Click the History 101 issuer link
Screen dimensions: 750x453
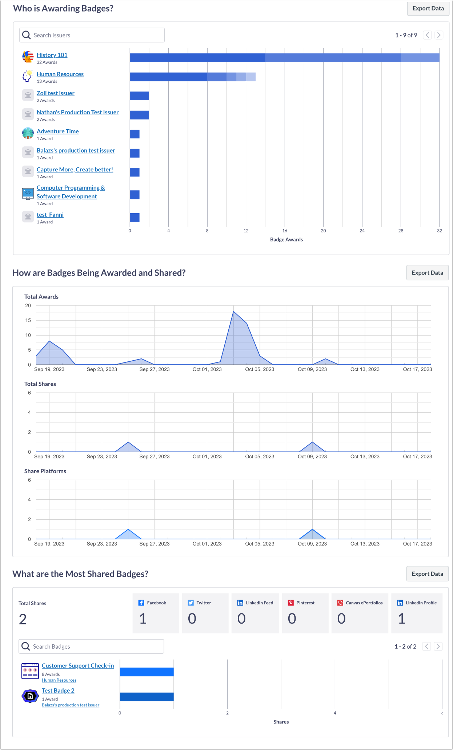click(52, 55)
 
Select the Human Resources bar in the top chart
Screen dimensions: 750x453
click(192, 77)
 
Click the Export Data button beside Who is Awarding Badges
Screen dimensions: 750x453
click(428, 8)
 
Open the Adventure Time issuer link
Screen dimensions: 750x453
click(57, 131)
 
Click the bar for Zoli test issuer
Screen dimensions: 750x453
click(139, 96)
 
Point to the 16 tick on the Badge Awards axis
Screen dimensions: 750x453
click(285, 231)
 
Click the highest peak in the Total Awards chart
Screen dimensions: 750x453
click(233, 312)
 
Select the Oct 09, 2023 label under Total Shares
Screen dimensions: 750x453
click(312, 457)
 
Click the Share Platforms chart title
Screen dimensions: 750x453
click(45, 471)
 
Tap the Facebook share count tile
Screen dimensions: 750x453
click(156, 613)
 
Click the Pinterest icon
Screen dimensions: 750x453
click(291, 603)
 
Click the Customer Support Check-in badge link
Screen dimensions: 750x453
click(78, 665)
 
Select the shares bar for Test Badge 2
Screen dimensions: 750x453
click(147, 697)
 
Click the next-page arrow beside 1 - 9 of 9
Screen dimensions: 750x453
click(439, 35)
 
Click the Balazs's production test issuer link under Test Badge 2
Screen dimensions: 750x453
click(71, 705)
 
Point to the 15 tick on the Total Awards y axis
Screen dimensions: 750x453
click(28, 320)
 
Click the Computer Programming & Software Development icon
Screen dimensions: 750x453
click(28, 194)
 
